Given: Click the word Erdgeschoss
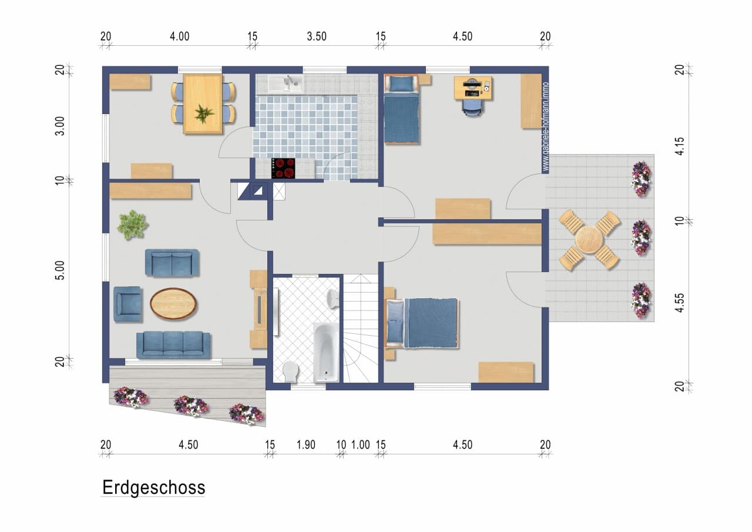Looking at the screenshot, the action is tap(153, 488).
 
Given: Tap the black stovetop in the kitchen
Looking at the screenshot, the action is tap(283, 168).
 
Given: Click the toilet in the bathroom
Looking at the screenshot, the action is tap(291, 371).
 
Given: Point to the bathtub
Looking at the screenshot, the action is tap(326, 352).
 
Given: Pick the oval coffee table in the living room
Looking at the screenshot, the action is tap(173, 303).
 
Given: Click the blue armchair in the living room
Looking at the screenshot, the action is tap(127, 305).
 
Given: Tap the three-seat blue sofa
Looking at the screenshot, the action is tap(173, 345).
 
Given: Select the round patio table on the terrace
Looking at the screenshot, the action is tap(589, 239).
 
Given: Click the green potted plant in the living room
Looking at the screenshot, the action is tap(132, 225).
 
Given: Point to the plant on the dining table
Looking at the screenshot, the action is tap(203, 113).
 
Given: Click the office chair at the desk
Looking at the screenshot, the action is tap(473, 108).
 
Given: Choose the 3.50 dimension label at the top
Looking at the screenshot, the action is tap(317, 36).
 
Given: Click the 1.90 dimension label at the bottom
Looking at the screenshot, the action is tap(306, 444).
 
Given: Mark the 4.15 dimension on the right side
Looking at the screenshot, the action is tap(680, 146).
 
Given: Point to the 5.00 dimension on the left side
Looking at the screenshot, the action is tap(59, 270).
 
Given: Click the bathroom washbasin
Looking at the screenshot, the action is tap(333, 298).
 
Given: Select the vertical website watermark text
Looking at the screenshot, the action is tap(546, 128).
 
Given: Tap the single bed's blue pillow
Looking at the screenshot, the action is tap(401, 83).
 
